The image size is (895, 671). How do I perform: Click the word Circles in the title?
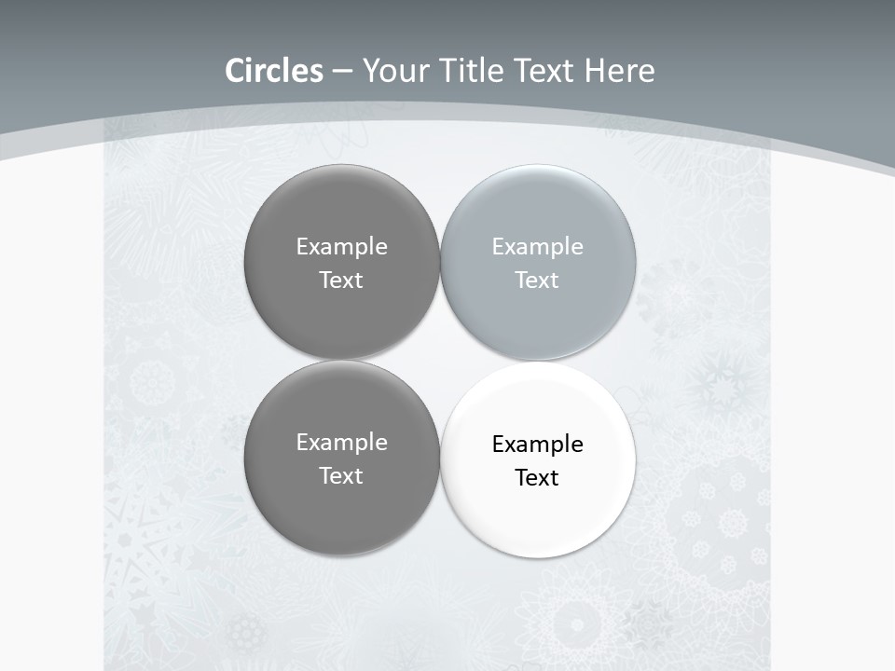273,71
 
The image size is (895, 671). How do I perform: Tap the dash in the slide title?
342,72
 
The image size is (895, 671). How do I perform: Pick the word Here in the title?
619,71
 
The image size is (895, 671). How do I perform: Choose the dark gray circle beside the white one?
341,503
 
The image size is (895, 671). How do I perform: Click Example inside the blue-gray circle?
537,247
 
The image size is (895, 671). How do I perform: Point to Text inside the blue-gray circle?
537,281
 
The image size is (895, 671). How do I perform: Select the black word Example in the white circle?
537,445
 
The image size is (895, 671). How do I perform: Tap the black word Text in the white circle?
537,478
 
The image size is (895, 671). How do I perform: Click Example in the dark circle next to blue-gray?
341,247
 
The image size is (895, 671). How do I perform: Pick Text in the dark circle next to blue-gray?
341,281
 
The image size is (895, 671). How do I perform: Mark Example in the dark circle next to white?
341,443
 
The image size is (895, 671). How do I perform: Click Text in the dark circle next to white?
341,476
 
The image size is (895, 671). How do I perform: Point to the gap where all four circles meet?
440,360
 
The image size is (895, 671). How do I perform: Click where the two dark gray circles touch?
341,360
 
